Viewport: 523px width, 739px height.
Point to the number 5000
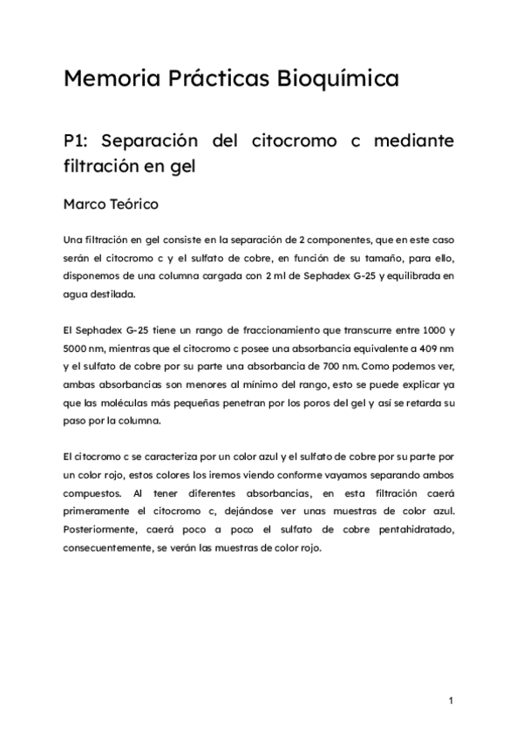(78, 349)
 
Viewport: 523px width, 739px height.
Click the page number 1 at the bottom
(451, 700)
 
